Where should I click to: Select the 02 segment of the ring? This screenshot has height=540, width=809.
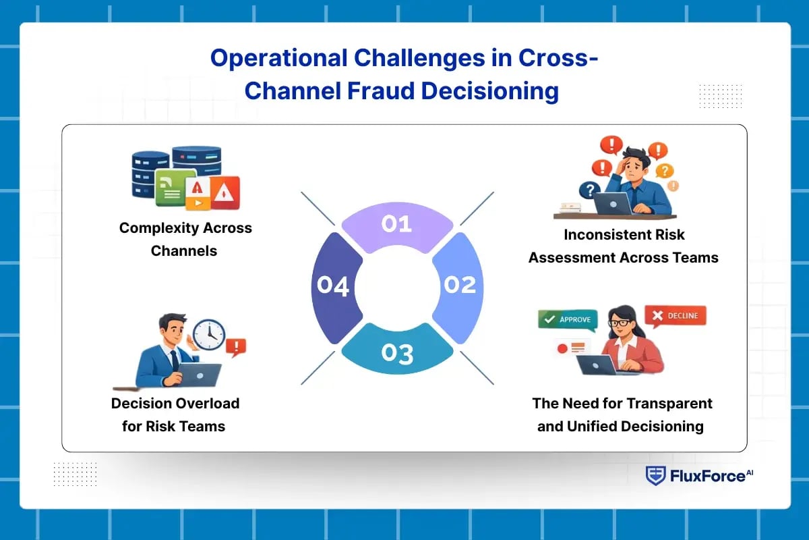coord(459,286)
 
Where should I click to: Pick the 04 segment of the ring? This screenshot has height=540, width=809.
coord(332,286)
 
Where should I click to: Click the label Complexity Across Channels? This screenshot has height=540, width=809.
coord(185,239)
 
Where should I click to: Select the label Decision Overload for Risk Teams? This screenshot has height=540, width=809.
coord(175,414)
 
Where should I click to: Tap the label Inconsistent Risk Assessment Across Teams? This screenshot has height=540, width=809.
coord(623,246)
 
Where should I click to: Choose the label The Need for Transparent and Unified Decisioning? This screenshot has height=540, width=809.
coord(622,414)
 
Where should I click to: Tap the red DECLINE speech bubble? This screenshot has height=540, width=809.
coord(675,315)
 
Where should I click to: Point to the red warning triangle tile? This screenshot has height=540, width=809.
coord(225,194)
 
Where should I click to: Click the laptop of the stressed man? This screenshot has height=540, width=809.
coord(612,202)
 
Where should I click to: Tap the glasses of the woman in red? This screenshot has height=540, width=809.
coord(617,323)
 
